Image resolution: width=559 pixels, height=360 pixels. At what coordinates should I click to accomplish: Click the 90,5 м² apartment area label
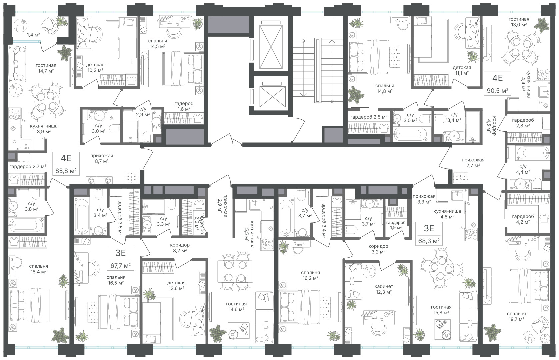[497, 91]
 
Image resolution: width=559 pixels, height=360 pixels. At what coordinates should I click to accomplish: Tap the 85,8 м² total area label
[65, 171]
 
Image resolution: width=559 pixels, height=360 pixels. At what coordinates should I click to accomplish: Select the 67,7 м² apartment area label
[121, 266]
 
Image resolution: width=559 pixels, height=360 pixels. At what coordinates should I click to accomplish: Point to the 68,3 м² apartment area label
[429, 241]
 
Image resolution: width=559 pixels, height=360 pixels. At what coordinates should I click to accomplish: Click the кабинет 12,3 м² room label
[384, 289]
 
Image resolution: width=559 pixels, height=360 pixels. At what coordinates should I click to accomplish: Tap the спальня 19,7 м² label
[516, 316]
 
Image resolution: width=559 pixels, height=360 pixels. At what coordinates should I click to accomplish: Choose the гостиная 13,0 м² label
[519, 22]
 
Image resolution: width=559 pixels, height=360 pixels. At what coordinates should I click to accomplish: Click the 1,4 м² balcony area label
[33, 35]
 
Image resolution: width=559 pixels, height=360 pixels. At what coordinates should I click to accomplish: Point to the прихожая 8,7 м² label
[102, 158]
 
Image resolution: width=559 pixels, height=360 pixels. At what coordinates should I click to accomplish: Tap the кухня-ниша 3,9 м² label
[44, 129]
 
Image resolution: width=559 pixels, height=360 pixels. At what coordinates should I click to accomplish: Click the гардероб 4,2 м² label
[523, 219]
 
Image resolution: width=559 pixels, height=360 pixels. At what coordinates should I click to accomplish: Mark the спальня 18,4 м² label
[38, 269]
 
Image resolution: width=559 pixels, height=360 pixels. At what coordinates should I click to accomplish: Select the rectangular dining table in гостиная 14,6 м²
[235, 271]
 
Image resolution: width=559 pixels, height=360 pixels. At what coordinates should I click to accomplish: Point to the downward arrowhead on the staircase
[303, 95]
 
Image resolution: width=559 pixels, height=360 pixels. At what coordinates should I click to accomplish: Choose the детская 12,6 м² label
[176, 285]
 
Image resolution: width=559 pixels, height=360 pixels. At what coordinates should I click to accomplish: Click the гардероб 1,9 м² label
[396, 225]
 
